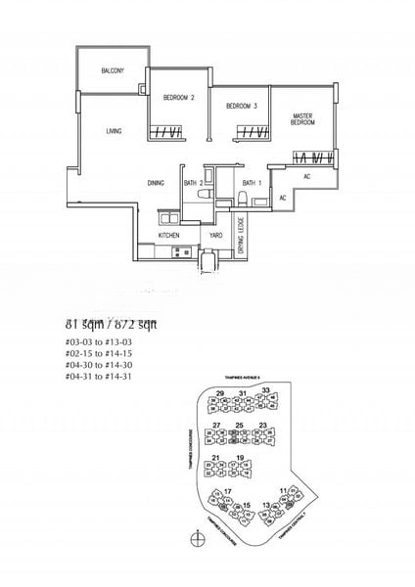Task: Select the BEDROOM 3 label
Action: tap(241, 107)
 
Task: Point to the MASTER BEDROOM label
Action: tap(302, 119)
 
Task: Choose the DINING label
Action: tap(156, 182)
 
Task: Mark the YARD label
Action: tap(214, 236)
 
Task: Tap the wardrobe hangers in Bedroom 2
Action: tap(166, 133)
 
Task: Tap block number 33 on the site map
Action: tap(265, 391)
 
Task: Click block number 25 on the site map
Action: tap(240, 425)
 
